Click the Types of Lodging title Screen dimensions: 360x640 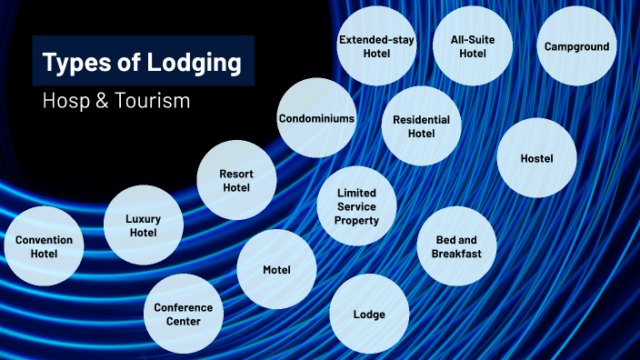tap(143, 62)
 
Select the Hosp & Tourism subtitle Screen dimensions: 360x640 tap(116, 101)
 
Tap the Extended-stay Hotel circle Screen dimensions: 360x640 tap(376, 46)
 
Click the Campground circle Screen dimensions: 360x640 tap(576, 46)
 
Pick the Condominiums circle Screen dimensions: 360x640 tap(316, 118)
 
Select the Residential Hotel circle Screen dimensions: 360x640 tap(421, 126)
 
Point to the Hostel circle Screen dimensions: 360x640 tap(536, 158)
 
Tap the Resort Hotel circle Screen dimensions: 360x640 tap(236, 180)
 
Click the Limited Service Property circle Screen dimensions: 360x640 tap(356, 206)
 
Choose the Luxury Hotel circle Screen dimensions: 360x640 tap(143, 225)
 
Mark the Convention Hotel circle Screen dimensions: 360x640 tap(44, 246)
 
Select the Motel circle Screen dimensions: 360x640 tap(276, 270)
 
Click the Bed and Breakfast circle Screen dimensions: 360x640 tap(456, 246)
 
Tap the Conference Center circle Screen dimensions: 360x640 tap(183, 314)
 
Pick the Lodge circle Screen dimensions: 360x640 tap(369, 315)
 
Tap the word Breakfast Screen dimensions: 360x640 tap(456, 254)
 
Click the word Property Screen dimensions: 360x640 tap(356, 221)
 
